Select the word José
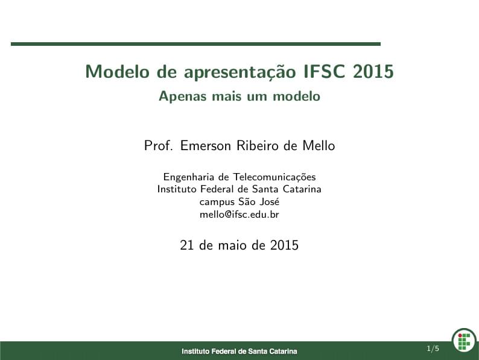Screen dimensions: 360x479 coord(268,201)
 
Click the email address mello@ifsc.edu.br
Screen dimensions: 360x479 coord(239,213)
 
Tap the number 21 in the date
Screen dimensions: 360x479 coord(187,245)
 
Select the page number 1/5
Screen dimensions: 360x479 coord(433,349)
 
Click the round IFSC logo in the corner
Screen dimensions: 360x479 coord(464,339)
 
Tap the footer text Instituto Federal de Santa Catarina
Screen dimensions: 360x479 coord(239,351)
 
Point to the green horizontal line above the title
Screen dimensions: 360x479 coord(195,44)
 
